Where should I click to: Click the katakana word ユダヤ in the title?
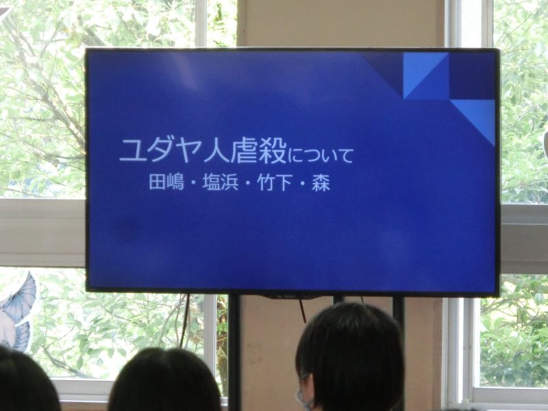click(160, 151)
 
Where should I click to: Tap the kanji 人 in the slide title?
click(216, 151)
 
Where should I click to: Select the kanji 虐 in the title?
click(245, 151)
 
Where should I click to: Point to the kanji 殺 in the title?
click(273, 151)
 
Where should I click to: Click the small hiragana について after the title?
click(321, 155)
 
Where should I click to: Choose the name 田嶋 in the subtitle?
click(166, 182)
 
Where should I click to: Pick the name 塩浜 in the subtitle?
click(220, 182)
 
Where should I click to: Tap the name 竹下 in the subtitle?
click(275, 182)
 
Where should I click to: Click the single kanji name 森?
click(321, 183)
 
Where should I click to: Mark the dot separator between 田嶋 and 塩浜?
click(193, 183)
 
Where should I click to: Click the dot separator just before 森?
click(302, 183)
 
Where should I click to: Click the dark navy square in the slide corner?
click(472, 76)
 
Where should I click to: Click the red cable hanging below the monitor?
click(302, 311)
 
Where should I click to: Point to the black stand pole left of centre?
click(234, 352)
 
